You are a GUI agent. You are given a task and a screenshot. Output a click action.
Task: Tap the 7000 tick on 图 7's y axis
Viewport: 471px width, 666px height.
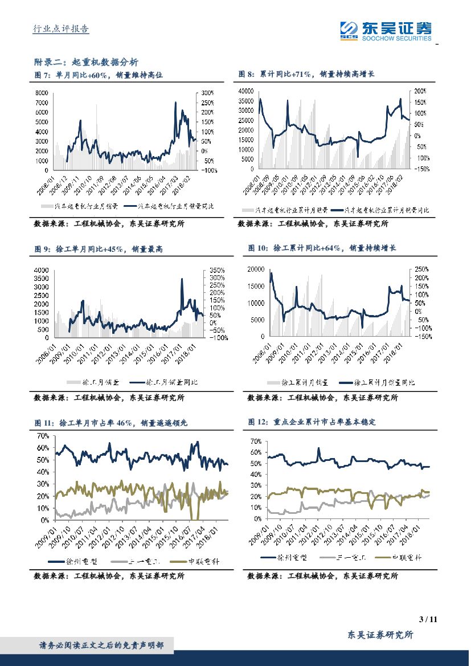[42, 103]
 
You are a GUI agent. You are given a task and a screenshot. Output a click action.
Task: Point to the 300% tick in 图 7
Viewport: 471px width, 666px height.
[207, 93]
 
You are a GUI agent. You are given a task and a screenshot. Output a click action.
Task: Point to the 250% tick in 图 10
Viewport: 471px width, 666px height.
[421, 268]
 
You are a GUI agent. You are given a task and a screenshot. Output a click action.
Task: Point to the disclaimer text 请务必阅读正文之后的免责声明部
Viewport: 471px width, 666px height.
[101, 645]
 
